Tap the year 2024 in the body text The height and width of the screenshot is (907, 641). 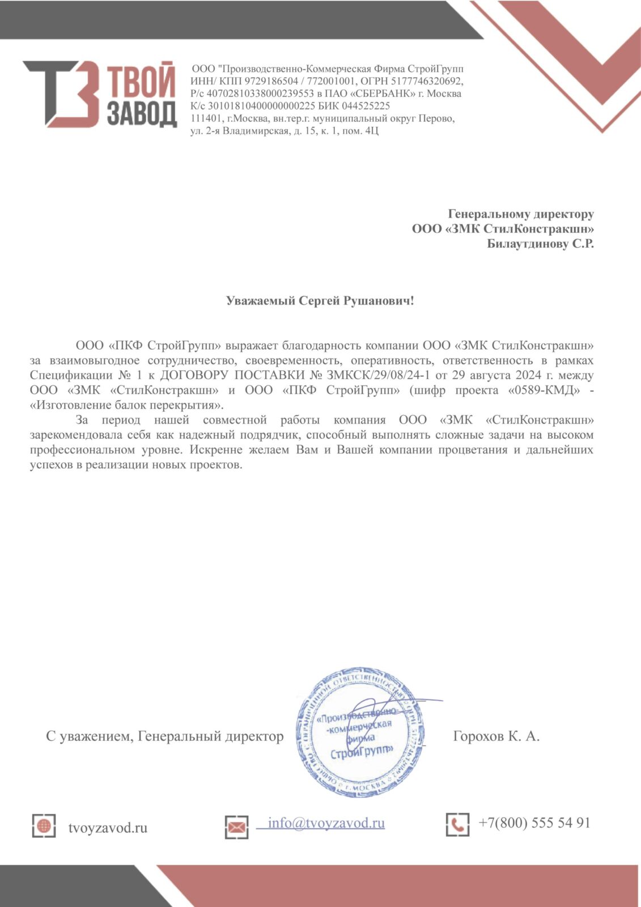[x=528, y=375]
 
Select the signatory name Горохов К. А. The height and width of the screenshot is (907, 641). [x=496, y=736]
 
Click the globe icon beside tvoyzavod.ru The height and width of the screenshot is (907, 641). [x=44, y=825]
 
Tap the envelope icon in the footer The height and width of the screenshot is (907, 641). [x=237, y=827]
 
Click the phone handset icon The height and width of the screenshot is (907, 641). [x=457, y=824]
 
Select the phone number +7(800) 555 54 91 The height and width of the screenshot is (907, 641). [x=534, y=823]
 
